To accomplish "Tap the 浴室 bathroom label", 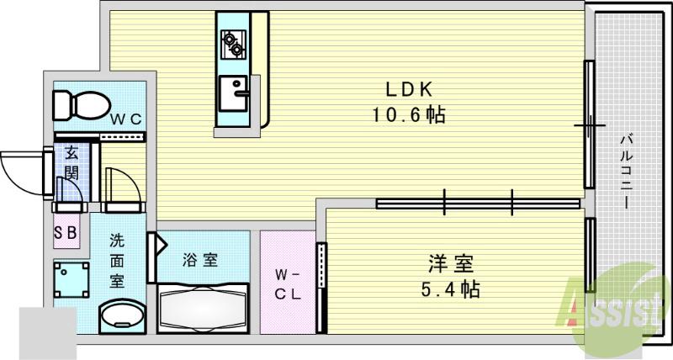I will [201, 260].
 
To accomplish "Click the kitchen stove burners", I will [232, 42].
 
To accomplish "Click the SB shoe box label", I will [66, 233].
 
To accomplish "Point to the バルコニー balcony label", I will [626, 172].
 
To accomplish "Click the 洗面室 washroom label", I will [118, 260].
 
